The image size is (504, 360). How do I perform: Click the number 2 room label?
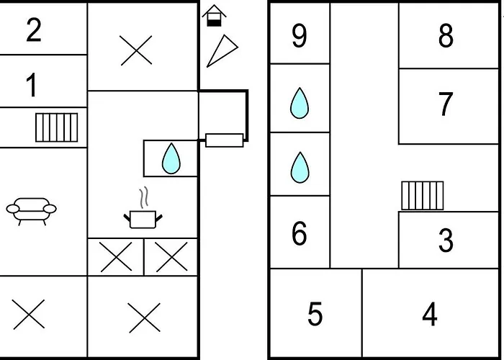(34, 30)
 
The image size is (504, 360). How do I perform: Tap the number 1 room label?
(32, 86)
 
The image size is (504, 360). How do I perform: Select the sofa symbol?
(31, 211)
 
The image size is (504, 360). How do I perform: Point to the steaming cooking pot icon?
(143, 213)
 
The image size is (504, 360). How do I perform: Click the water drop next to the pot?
(171, 158)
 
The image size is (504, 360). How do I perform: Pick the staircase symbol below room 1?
(56, 127)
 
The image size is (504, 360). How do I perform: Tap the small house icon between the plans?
(214, 16)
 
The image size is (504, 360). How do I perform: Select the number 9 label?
(300, 35)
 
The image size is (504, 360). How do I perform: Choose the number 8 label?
(446, 35)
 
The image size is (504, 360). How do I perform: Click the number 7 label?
(446, 105)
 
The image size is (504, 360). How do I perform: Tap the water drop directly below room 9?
(299, 103)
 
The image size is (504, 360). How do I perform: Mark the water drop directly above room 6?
(299, 168)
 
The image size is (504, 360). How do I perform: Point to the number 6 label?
(300, 233)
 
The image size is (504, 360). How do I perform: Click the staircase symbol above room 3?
(423, 195)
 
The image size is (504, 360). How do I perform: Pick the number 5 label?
(315, 315)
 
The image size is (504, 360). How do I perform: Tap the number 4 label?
(430, 315)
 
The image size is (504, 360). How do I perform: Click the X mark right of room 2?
(137, 50)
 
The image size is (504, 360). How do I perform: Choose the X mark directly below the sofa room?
(29, 315)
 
